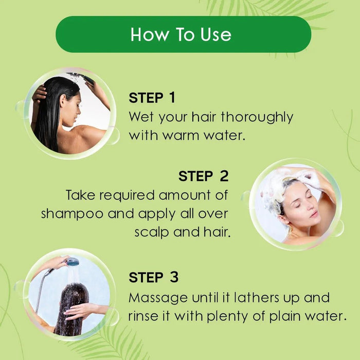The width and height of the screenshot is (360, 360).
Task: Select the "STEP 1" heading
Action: tap(152, 98)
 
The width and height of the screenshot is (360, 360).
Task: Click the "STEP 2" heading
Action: tap(204, 176)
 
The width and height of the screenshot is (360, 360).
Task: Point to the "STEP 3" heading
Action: tap(153, 278)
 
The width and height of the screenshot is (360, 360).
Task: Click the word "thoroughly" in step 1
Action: tap(257, 117)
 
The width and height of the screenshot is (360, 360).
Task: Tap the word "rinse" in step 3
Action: tap(143, 316)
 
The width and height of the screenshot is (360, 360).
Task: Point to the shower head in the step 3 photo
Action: tap(73, 262)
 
